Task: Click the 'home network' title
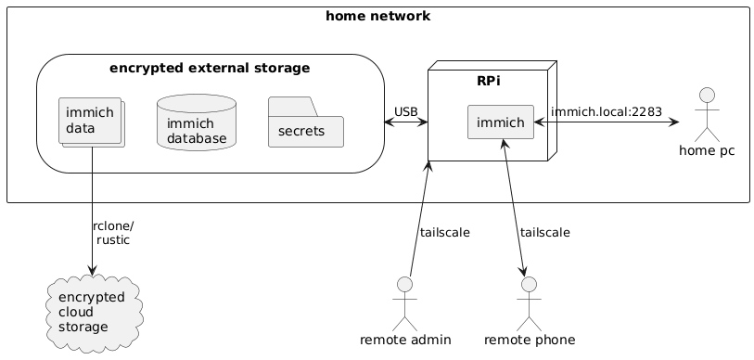click(377, 16)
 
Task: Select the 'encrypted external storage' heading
click(209, 68)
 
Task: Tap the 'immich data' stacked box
click(90, 121)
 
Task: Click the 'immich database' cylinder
click(197, 124)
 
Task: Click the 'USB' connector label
click(405, 112)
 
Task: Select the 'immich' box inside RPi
click(500, 122)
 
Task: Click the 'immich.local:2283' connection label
click(606, 112)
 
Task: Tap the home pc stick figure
click(706, 112)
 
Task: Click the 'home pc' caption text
click(706, 151)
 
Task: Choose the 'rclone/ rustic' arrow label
click(112, 232)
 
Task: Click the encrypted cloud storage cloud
click(91, 313)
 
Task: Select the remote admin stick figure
click(405, 303)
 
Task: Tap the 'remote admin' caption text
click(405, 341)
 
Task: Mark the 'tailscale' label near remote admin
click(444, 232)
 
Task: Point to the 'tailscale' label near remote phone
click(544, 232)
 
